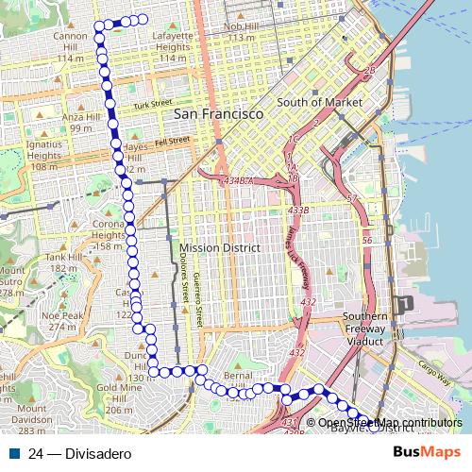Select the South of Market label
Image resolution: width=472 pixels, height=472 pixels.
[x=312, y=102]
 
